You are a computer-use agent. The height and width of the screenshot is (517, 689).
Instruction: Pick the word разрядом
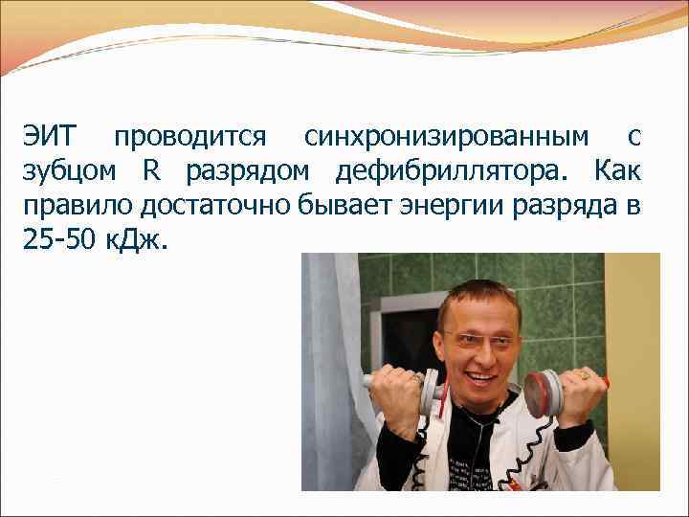247,173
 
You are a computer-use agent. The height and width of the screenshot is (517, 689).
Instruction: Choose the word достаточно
209,206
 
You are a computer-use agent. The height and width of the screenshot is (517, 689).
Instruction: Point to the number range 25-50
58,239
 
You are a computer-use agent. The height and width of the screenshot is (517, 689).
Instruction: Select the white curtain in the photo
329,373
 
